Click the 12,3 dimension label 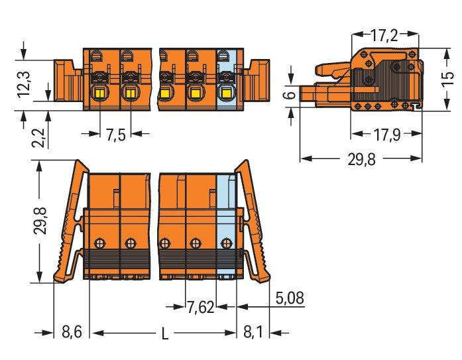pos(24,84)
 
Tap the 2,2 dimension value pos(38,138)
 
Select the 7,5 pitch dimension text pos(115,135)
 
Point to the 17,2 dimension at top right pos(384,35)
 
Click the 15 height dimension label pos(448,79)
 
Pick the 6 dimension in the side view pos(291,95)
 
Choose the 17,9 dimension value pos(387,135)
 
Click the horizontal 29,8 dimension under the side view pos(361,160)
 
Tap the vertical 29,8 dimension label pos(40,221)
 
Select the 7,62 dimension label pos(200,308)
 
